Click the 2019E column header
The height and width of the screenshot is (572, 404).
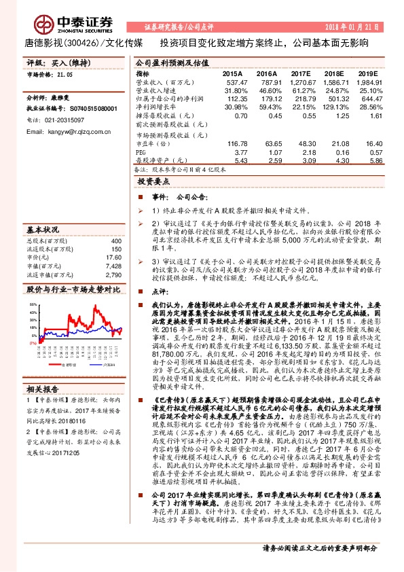pos(367,73)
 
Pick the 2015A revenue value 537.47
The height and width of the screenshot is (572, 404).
pos(232,82)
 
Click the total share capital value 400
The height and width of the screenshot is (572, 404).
pos(115,241)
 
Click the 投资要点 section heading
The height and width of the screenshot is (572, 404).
pos(152,183)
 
